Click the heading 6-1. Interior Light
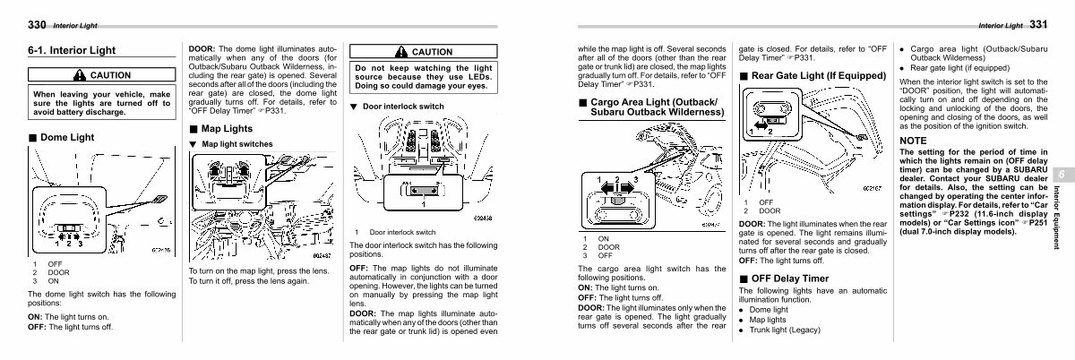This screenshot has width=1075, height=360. tap(71, 50)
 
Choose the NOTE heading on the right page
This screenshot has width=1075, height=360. tap(914, 141)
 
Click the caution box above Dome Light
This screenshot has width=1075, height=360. tap(100, 94)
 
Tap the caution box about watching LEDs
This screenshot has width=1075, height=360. tap(420, 69)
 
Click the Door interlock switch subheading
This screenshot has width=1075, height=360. tap(402, 107)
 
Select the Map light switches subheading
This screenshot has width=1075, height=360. tap(237, 143)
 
